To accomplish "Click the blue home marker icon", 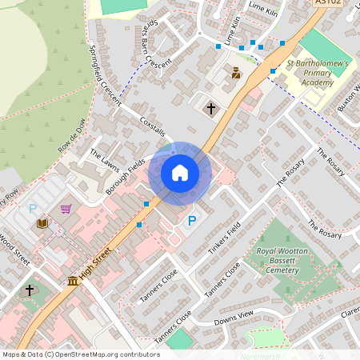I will pos(180,172).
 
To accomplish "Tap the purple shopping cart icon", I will pos(66,209).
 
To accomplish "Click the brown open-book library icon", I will pos(42,223).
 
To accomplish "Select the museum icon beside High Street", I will pos(73,281).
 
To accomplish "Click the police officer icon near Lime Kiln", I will pos(235,73).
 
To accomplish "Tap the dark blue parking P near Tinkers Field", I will pos(191,222).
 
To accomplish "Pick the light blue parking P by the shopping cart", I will pos(33,209).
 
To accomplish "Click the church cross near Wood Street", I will pos(30,290).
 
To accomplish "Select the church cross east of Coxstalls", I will pos(211,107).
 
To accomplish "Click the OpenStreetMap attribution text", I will pos(81,354).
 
